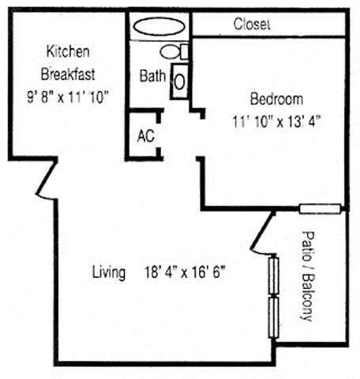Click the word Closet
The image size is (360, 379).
(x=252, y=24)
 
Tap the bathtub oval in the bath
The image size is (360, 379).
(x=160, y=25)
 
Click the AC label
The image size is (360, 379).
(x=145, y=135)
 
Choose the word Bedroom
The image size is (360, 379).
(x=276, y=99)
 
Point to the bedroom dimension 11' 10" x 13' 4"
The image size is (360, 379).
(x=276, y=122)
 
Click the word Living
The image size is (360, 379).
(x=109, y=273)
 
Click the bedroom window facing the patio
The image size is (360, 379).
(x=320, y=209)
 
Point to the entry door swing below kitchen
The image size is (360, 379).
(x=45, y=179)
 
